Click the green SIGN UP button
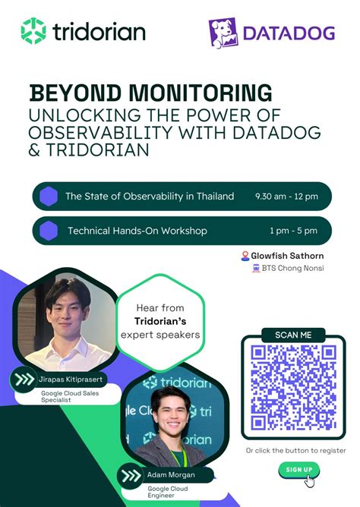[x=298, y=470]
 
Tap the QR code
[x=292, y=387]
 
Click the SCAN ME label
[x=292, y=335]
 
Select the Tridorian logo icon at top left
[x=33, y=31]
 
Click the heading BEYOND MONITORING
[x=150, y=93]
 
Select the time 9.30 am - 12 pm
[x=286, y=197]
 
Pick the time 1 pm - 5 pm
[x=292, y=231]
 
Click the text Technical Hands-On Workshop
[x=137, y=231]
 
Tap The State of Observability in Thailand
[x=150, y=197]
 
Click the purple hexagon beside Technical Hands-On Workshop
[x=49, y=231]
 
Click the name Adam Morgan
[x=171, y=474]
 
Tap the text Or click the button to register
[x=295, y=450]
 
